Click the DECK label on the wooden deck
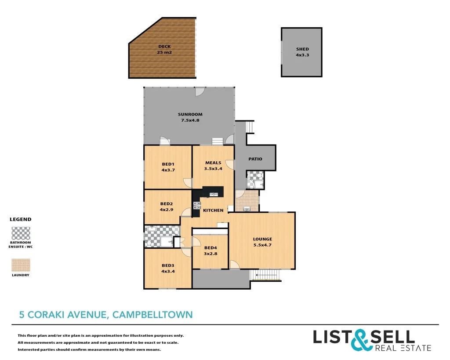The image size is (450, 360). tap(164, 47)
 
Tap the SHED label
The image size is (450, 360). tap(302, 49)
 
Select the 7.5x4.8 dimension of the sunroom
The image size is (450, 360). tap(190, 120)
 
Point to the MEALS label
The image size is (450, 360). tap(213, 163)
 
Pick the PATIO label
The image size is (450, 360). tap(255, 159)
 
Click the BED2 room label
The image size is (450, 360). tap(166, 204)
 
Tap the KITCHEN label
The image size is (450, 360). tap(213, 211)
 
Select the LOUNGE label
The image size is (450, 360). tap(262, 239)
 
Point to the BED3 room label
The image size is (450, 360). tap(168, 265)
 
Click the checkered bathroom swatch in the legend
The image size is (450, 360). tap(21, 233)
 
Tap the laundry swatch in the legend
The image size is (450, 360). tap(21, 265)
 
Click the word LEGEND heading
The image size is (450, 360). tap(21, 219)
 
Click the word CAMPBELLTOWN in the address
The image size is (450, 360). tap(152, 315)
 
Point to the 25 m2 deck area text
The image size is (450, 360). tap(164, 52)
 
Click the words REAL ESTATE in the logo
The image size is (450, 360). tap(403, 348)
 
